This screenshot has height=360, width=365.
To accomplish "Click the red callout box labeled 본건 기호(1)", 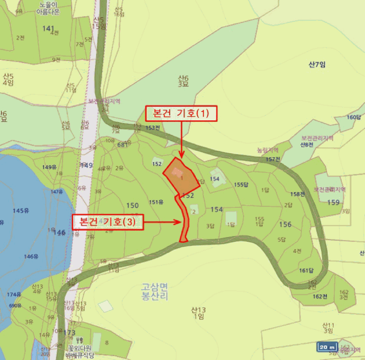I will (x=180, y=114).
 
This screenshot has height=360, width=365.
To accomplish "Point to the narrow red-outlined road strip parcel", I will (x=184, y=219).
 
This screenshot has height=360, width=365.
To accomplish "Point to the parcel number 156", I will (x=285, y=225).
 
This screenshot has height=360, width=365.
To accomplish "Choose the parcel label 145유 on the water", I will (x=21, y=210).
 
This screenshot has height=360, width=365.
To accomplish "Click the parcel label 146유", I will (x=31, y=256).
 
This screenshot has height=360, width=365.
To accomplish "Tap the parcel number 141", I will (x=48, y=29).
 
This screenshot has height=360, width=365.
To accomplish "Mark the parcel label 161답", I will (x=306, y=270).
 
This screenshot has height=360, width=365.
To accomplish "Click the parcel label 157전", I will (x=273, y=159).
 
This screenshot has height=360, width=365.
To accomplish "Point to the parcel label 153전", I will (x=153, y=128).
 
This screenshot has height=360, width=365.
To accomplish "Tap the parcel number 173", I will (x=69, y=332).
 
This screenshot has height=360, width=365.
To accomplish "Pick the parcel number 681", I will (x=123, y=145).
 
